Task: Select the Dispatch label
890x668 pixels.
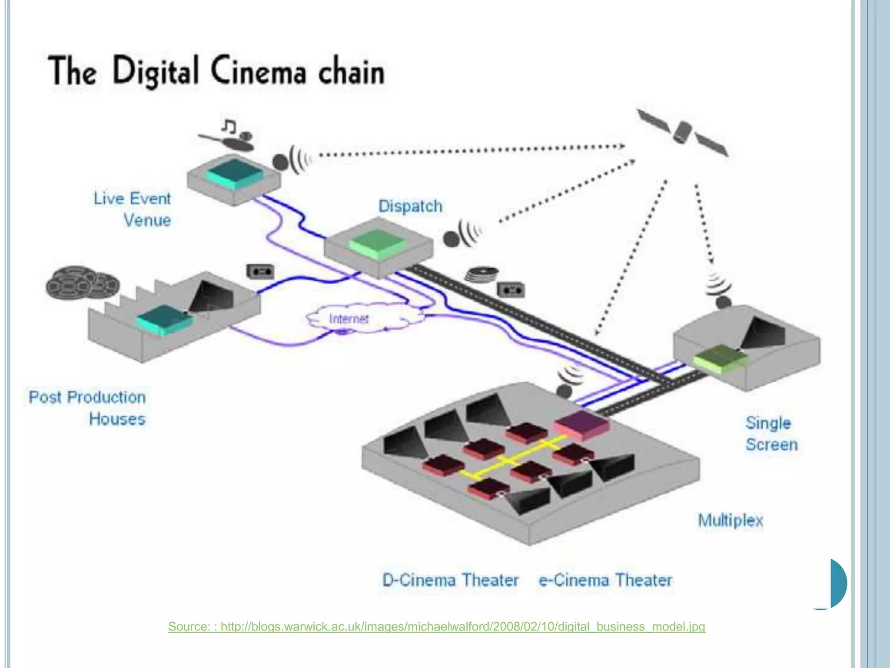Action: point(410,206)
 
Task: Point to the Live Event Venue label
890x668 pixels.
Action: point(133,209)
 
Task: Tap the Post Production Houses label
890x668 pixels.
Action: point(87,408)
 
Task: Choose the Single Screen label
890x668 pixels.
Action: point(771,434)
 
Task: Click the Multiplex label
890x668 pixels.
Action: point(730,520)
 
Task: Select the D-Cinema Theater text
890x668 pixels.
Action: point(450,580)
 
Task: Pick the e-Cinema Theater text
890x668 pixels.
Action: point(605,580)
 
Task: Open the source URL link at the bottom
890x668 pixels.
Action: point(436,627)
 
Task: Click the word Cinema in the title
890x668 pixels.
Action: point(259,72)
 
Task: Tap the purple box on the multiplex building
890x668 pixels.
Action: point(581,424)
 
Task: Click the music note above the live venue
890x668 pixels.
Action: point(229,126)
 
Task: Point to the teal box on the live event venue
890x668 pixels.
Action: point(234,173)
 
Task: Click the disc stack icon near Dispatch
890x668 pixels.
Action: point(482,274)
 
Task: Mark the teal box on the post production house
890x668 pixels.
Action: point(164,320)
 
